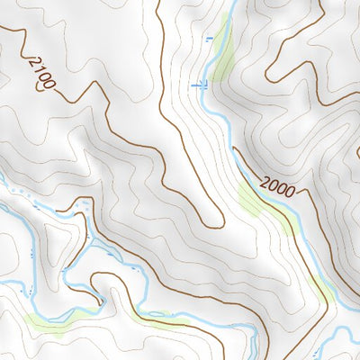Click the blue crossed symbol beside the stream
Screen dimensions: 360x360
[x=200, y=85]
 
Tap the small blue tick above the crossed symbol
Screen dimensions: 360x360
[x=210, y=39]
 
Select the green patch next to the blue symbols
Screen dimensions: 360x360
[x=220, y=54]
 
